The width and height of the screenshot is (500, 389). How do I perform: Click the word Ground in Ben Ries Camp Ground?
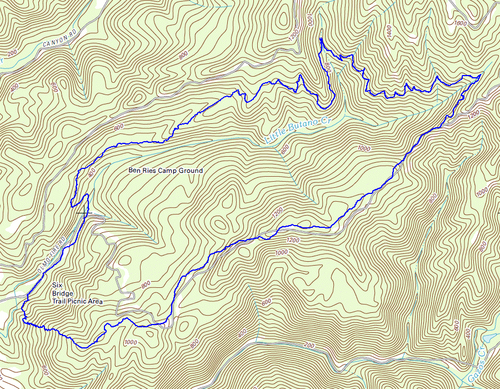(x=191, y=171)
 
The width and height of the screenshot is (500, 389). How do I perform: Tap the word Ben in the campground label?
(x=134, y=171)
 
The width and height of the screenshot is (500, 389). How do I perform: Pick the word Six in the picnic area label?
(x=57, y=285)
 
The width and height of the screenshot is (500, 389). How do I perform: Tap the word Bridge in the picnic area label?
(x=62, y=293)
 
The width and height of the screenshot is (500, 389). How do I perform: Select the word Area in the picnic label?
(x=96, y=302)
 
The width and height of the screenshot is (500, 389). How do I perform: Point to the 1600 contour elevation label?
(x=460, y=23)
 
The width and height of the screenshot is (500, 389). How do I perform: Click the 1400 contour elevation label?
(x=389, y=31)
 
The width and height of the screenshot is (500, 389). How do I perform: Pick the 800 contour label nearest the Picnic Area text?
(x=146, y=285)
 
